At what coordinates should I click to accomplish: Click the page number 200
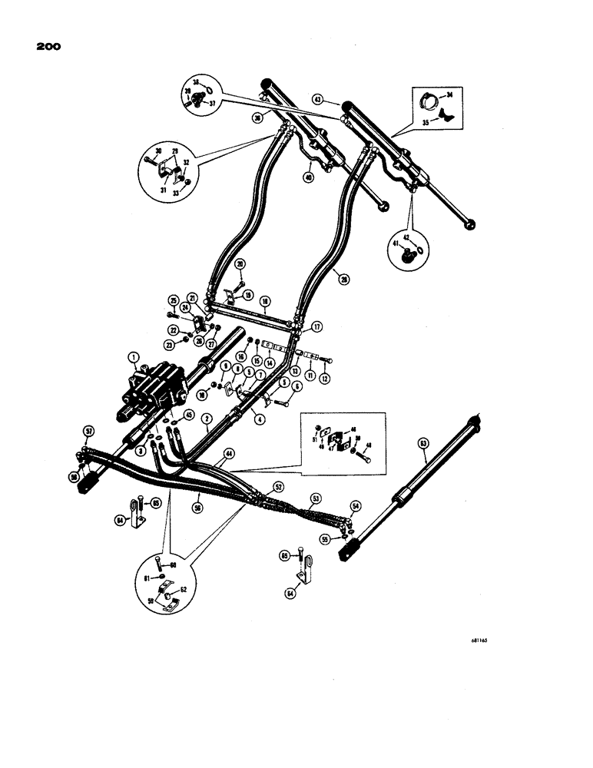tap(47, 47)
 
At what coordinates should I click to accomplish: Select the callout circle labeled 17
tap(316, 326)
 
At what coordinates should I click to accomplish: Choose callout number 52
tap(279, 486)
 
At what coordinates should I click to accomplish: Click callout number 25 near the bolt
tap(173, 300)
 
